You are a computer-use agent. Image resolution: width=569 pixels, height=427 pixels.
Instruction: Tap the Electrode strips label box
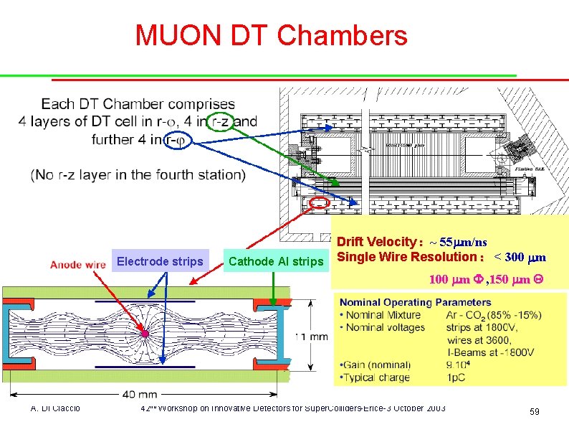pyautogui.click(x=160, y=261)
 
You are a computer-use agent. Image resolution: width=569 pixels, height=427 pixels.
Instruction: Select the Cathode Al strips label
pyautogui.click(x=276, y=261)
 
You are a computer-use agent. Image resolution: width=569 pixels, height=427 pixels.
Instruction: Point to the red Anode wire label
pyautogui.click(x=78, y=264)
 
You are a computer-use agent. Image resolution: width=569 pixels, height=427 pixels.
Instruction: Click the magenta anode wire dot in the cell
pyautogui.click(x=145, y=334)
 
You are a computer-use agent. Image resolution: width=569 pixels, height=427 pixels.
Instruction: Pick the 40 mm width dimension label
pyautogui.click(x=139, y=394)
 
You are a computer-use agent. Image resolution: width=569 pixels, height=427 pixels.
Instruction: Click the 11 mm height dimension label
pyautogui.click(x=312, y=336)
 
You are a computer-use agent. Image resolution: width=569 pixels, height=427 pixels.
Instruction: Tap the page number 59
pyautogui.click(x=534, y=411)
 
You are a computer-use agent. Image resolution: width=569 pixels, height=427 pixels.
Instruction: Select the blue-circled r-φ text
pyautogui.click(x=176, y=141)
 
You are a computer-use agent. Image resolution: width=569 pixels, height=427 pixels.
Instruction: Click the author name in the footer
pyautogui.click(x=55, y=408)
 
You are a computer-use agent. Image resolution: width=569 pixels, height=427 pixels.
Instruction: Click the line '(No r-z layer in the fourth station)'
pyautogui.click(x=138, y=174)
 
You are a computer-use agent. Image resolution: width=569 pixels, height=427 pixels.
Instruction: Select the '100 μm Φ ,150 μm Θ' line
pyautogui.click(x=487, y=278)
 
